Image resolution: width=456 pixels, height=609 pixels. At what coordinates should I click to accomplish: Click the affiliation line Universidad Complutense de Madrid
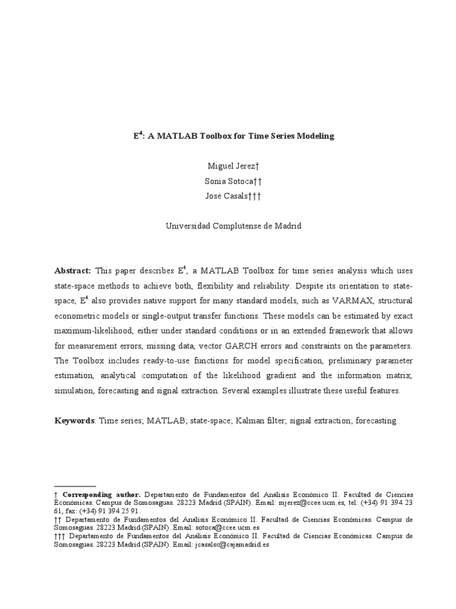233,226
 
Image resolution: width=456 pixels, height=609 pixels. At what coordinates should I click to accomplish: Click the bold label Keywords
74,420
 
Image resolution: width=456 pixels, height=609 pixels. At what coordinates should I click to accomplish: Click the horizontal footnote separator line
74,486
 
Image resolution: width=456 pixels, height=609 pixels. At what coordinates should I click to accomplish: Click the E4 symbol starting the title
136,136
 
